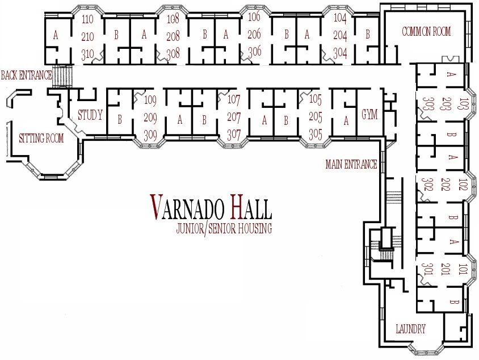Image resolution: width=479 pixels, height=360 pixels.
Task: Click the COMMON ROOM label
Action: click(426, 32)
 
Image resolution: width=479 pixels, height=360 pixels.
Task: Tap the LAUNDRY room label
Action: click(410, 329)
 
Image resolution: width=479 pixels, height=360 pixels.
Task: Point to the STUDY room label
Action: click(90, 116)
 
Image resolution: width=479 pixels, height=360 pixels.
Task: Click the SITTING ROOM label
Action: click(41, 138)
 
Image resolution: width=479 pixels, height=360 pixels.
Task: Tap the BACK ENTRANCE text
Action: click(26, 75)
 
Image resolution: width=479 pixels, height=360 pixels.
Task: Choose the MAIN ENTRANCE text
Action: click(351, 165)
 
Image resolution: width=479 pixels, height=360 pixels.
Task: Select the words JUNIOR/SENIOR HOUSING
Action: click(224, 229)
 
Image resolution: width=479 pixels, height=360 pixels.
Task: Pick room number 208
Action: click(173, 36)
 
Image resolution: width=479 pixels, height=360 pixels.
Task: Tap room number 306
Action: click(254, 51)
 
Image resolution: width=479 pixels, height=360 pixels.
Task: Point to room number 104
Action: click(339, 18)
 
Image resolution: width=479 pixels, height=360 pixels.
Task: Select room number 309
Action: click(150, 135)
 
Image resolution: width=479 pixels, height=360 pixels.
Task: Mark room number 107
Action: click(234, 100)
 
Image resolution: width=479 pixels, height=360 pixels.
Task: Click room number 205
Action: click(316, 118)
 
